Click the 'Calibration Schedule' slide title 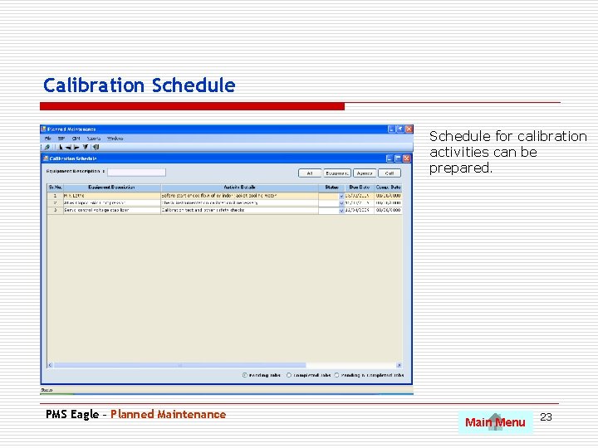pyautogui.click(x=140, y=85)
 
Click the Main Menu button pyautogui.click(x=495, y=422)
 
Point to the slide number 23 pyautogui.click(x=546, y=416)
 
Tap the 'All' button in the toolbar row pyautogui.click(x=310, y=173)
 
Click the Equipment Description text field pyautogui.click(x=137, y=173)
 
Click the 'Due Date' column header pyautogui.click(x=359, y=187)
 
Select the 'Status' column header pyautogui.click(x=331, y=187)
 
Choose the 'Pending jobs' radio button pyautogui.click(x=245, y=375)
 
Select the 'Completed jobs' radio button pyautogui.click(x=289, y=375)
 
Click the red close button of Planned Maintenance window pyautogui.click(x=408, y=129)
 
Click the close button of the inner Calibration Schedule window pyautogui.click(x=408, y=158)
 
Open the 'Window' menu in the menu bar pyautogui.click(x=115, y=139)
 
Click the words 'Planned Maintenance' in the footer pyautogui.click(x=168, y=414)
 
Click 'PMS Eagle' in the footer pyautogui.click(x=71, y=414)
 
